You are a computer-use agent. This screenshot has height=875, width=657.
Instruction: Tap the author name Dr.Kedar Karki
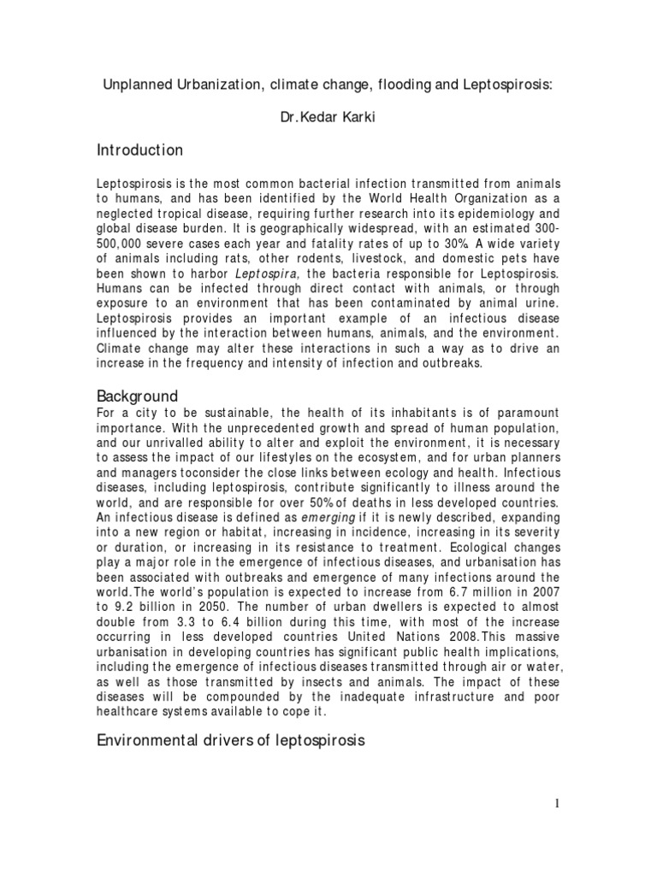click(328, 117)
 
